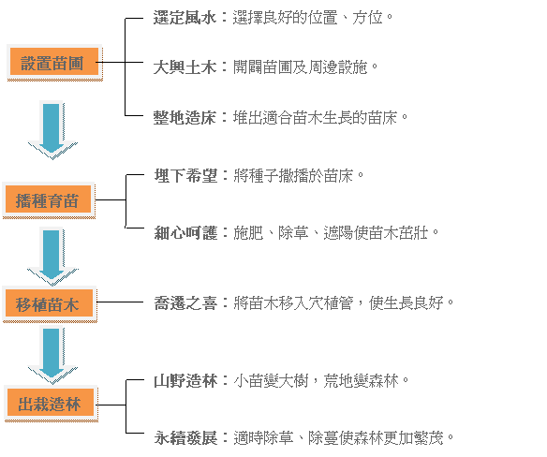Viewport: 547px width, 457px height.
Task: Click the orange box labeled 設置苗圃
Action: click(x=54, y=62)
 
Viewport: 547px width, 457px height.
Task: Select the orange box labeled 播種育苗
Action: click(x=49, y=199)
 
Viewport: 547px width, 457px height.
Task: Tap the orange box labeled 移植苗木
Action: click(x=50, y=303)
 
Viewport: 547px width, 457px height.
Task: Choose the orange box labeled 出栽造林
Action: click(x=51, y=404)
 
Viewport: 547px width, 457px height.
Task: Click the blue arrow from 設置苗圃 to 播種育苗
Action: click(x=52, y=130)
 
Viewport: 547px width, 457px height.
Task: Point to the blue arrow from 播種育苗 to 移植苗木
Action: click(x=52, y=257)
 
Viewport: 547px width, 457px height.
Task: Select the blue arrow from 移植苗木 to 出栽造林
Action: click(x=52, y=355)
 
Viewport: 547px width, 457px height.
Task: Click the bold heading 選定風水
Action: click(x=185, y=17)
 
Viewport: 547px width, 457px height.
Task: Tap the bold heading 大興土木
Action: click(x=185, y=66)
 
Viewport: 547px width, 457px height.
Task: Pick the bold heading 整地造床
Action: click(x=185, y=117)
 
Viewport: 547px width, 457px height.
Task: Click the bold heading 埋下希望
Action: click(x=186, y=175)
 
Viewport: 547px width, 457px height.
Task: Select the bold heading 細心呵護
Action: click(x=186, y=232)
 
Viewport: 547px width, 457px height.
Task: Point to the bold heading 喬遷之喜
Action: click(x=186, y=302)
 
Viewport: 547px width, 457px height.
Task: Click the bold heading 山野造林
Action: click(x=186, y=380)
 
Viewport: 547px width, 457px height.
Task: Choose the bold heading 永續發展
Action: click(x=186, y=437)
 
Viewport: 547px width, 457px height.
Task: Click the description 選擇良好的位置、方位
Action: click(x=313, y=17)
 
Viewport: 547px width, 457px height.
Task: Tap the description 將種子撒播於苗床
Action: click(x=299, y=175)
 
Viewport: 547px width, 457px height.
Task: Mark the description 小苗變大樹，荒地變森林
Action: click(x=321, y=380)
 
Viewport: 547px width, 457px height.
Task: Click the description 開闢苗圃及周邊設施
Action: click(x=305, y=66)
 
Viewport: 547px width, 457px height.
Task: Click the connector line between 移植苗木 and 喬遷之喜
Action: click(x=120, y=302)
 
